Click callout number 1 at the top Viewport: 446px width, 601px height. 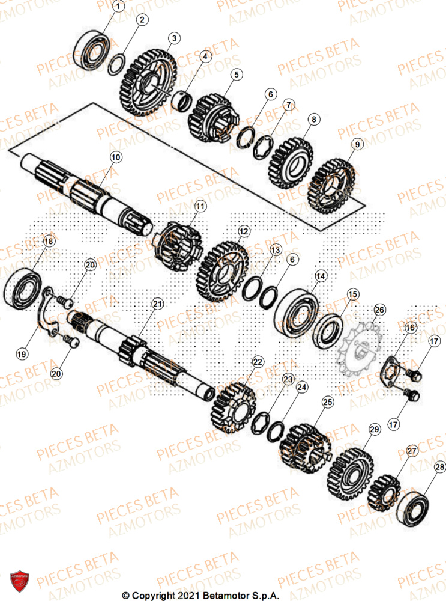pos(118,7)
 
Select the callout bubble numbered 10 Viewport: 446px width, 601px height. pos(116,157)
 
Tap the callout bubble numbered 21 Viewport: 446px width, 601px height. pos(157,304)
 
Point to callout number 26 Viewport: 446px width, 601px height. pos(379,310)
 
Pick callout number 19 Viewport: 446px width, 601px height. pos(22,355)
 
